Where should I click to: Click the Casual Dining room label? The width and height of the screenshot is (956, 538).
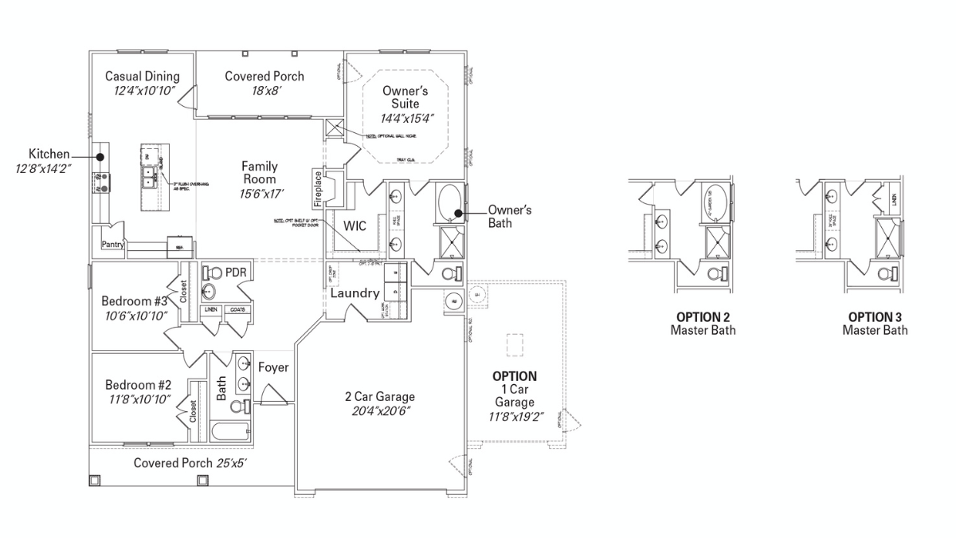[143, 77]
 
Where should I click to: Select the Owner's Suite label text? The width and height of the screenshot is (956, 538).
[401, 97]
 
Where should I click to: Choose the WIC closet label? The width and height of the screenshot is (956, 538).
[355, 226]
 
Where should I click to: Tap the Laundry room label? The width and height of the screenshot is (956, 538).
[355, 293]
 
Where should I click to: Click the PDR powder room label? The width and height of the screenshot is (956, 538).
[236, 273]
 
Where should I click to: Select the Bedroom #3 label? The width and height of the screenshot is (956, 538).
[134, 301]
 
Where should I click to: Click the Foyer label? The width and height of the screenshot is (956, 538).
[273, 367]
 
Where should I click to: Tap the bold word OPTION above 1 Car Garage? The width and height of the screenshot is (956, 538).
[514, 376]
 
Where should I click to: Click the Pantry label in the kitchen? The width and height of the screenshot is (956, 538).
[112, 245]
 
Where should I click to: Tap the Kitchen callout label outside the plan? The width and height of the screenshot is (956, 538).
[49, 154]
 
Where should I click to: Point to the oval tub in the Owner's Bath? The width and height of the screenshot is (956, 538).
[449, 203]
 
